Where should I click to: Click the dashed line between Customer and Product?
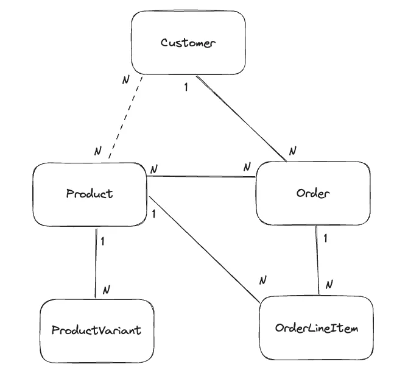point(125,117)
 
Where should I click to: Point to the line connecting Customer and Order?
point(241,118)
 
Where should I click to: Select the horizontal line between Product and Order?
point(202,177)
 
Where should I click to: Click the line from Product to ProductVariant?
point(96,263)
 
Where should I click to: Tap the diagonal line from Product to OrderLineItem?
point(204,250)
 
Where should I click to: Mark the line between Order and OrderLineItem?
point(317,260)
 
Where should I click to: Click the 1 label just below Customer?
point(186,87)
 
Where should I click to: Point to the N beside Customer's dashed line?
point(125,80)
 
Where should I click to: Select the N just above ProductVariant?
point(106,290)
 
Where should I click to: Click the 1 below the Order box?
point(325,238)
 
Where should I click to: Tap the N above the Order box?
point(293,151)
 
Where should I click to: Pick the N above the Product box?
point(98,151)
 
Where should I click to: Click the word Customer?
point(188,43)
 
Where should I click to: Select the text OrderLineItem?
point(317,328)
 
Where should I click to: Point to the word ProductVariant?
point(97,330)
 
